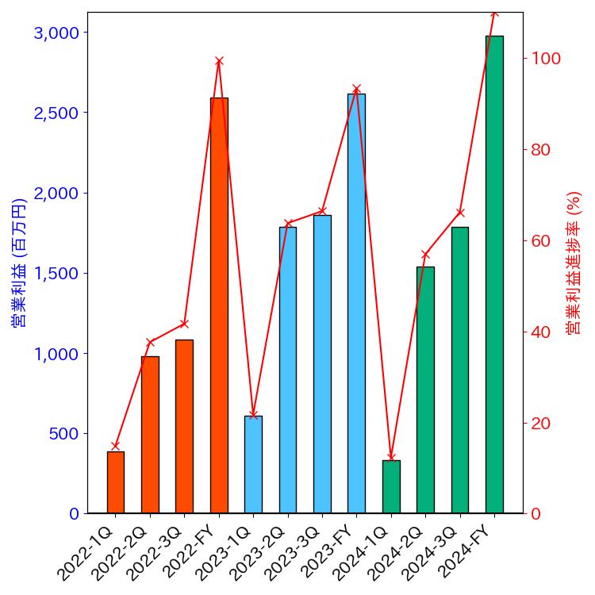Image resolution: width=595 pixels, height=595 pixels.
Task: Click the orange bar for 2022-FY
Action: pos(219,305)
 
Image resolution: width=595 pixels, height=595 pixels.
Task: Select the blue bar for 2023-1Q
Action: pos(253,464)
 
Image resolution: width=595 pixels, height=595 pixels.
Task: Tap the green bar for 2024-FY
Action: pos(494,274)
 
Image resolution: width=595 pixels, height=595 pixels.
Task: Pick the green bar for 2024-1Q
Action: pos(391,486)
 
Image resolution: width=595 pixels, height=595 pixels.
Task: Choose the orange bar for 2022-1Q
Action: pos(116,482)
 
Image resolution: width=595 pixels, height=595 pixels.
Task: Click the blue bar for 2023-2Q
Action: pos(288,370)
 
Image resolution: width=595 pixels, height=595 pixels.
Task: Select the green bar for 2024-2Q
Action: pos(425,390)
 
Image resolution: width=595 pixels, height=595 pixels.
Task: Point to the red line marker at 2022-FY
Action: pos(219,61)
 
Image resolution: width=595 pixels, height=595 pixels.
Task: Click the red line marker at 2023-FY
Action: pos(356,89)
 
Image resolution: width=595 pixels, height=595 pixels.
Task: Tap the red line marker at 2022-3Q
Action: pos(184,324)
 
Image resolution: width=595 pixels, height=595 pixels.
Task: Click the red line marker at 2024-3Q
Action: pos(460,212)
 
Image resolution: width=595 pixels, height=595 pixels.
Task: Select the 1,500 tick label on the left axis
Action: pos(57,274)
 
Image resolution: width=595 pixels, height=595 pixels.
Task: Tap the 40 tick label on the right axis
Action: pos(541,332)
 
